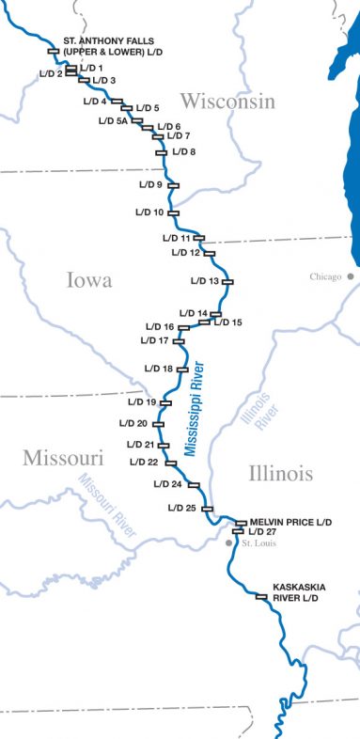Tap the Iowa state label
coord(89,279)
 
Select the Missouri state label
coord(63,458)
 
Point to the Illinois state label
coord(281,474)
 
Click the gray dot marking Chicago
coord(349,276)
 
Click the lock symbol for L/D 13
coord(227,281)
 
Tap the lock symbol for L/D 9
coord(173,185)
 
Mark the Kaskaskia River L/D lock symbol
coord(261,596)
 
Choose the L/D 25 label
coord(181,508)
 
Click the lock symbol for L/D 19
coord(166,402)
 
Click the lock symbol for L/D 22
coord(171,463)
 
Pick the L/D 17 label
coord(154,340)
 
